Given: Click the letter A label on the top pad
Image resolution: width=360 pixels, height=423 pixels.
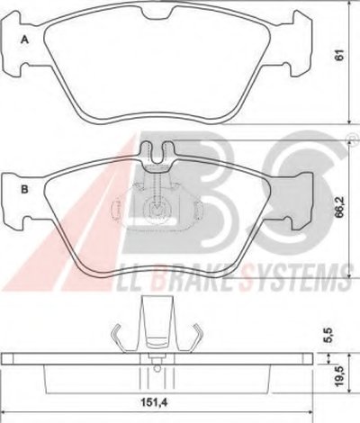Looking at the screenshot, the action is (24, 40).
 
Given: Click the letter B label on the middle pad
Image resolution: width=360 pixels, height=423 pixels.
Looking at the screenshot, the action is (24, 190).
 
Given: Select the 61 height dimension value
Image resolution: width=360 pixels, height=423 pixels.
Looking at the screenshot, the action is (339, 55).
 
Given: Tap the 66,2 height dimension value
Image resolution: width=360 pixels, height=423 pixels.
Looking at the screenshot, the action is (339, 208).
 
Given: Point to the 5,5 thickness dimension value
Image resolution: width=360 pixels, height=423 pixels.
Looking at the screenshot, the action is (329, 335).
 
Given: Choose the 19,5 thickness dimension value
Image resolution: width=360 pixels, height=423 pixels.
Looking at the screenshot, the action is (339, 376).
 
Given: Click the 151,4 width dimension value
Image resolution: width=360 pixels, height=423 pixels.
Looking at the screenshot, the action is (154, 401).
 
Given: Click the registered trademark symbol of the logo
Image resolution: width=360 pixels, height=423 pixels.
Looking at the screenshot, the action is (350, 138).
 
